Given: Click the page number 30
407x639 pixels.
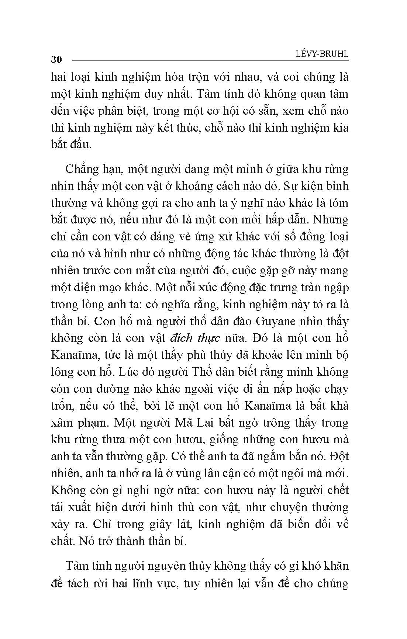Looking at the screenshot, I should [56, 60].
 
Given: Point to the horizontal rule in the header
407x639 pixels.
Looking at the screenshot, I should [210, 60].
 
